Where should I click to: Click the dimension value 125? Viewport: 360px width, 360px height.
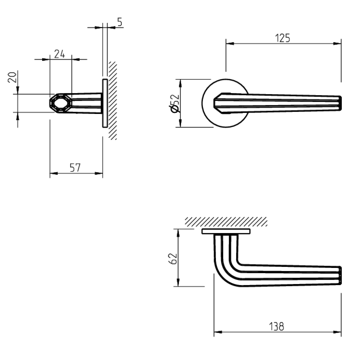point(283,38)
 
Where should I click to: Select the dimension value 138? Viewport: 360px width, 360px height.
point(277,326)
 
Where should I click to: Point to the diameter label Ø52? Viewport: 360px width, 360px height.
point(175,104)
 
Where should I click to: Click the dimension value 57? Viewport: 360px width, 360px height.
point(75,168)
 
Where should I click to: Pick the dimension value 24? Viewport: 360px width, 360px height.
point(59,54)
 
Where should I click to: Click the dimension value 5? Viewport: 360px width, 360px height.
point(119,22)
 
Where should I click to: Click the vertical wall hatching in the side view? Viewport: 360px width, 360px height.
point(112,100)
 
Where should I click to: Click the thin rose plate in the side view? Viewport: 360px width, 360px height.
point(104,103)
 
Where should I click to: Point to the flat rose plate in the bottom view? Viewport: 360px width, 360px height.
point(226,231)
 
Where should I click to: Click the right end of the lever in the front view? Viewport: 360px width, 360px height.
point(340,104)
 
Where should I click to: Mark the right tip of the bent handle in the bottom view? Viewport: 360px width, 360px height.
point(340,275)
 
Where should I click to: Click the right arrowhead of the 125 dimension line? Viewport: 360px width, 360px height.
point(338,44)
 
